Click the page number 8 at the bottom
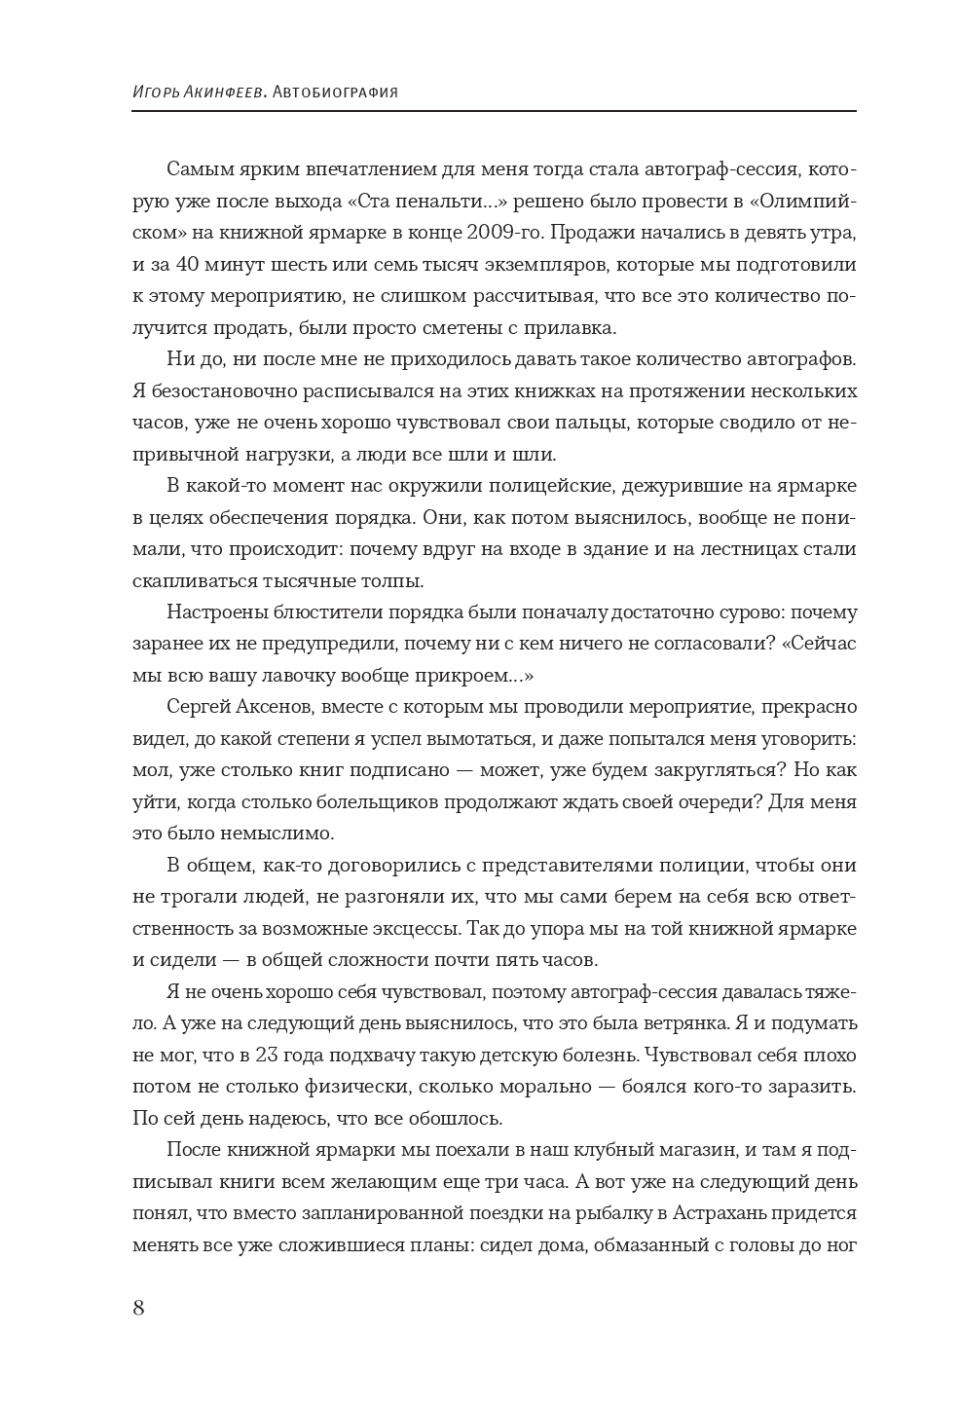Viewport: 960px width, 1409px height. pyautogui.click(x=138, y=1308)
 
